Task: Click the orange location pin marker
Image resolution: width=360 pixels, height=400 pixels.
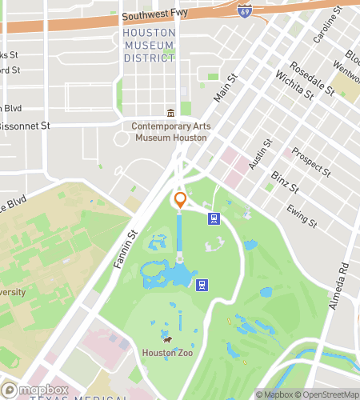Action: [180, 199]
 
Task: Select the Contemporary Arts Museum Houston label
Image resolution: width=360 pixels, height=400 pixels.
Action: [171, 131]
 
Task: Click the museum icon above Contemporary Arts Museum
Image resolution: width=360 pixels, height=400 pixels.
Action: [170, 114]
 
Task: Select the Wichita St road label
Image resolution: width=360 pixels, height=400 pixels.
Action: [294, 85]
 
